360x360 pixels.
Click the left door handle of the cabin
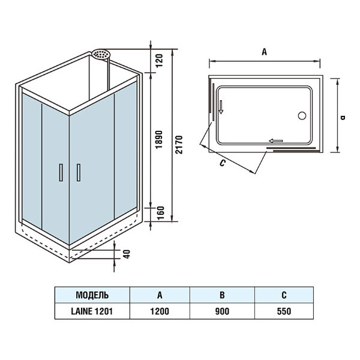pyautogui.click(x=60, y=172)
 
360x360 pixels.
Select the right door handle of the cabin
pyautogui.click(x=78, y=172)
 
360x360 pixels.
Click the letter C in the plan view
pyautogui.click(x=222, y=163)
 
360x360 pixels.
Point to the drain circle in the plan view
pyautogui.click(x=302, y=116)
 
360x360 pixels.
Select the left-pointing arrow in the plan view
pyautogui.click(x=276, y=141)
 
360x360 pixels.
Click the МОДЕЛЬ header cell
pyautogui.click(x=92, y=295)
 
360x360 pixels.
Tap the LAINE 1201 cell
pyautogui.click(x=92, y=311)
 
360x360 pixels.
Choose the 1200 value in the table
pyautogui.click(x=160, y=311)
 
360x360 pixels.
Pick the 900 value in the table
pyautogui.click(x=223, y=311)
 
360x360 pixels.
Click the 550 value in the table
pyautogui.click(x=283, y=311)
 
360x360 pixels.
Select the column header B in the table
pyautogui.click(x=223, y=295)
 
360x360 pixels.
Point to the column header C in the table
pyautogui.click(x=283, y=295)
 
